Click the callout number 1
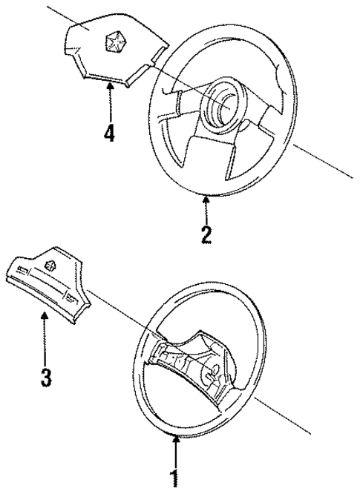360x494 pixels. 175,477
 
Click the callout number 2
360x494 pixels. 206,234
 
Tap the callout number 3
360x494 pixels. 46,378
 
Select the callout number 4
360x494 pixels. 109,134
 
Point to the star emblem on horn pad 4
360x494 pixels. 115,43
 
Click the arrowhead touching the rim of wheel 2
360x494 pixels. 206,195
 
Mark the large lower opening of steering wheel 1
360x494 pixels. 186,408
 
